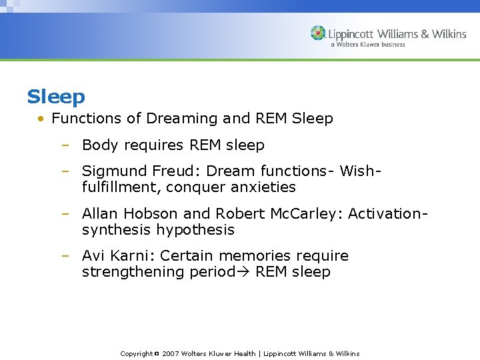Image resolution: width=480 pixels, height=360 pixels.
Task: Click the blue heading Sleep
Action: point(56,97)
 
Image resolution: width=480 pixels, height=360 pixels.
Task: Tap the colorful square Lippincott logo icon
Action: point(318,33)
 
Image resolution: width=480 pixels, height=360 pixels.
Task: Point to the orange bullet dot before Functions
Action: point(41,119)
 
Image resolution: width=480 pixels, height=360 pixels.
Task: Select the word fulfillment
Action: point(121,187)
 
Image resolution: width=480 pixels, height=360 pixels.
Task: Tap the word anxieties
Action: point(264,187)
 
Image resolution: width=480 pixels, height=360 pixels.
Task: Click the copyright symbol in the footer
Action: point(156,353)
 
